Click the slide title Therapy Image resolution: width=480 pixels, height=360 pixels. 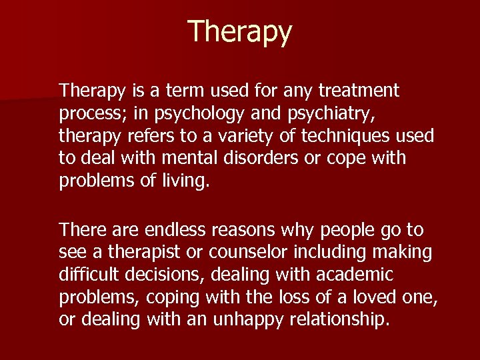coord(240,32)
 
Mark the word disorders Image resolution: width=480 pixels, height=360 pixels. coord(263,159)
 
